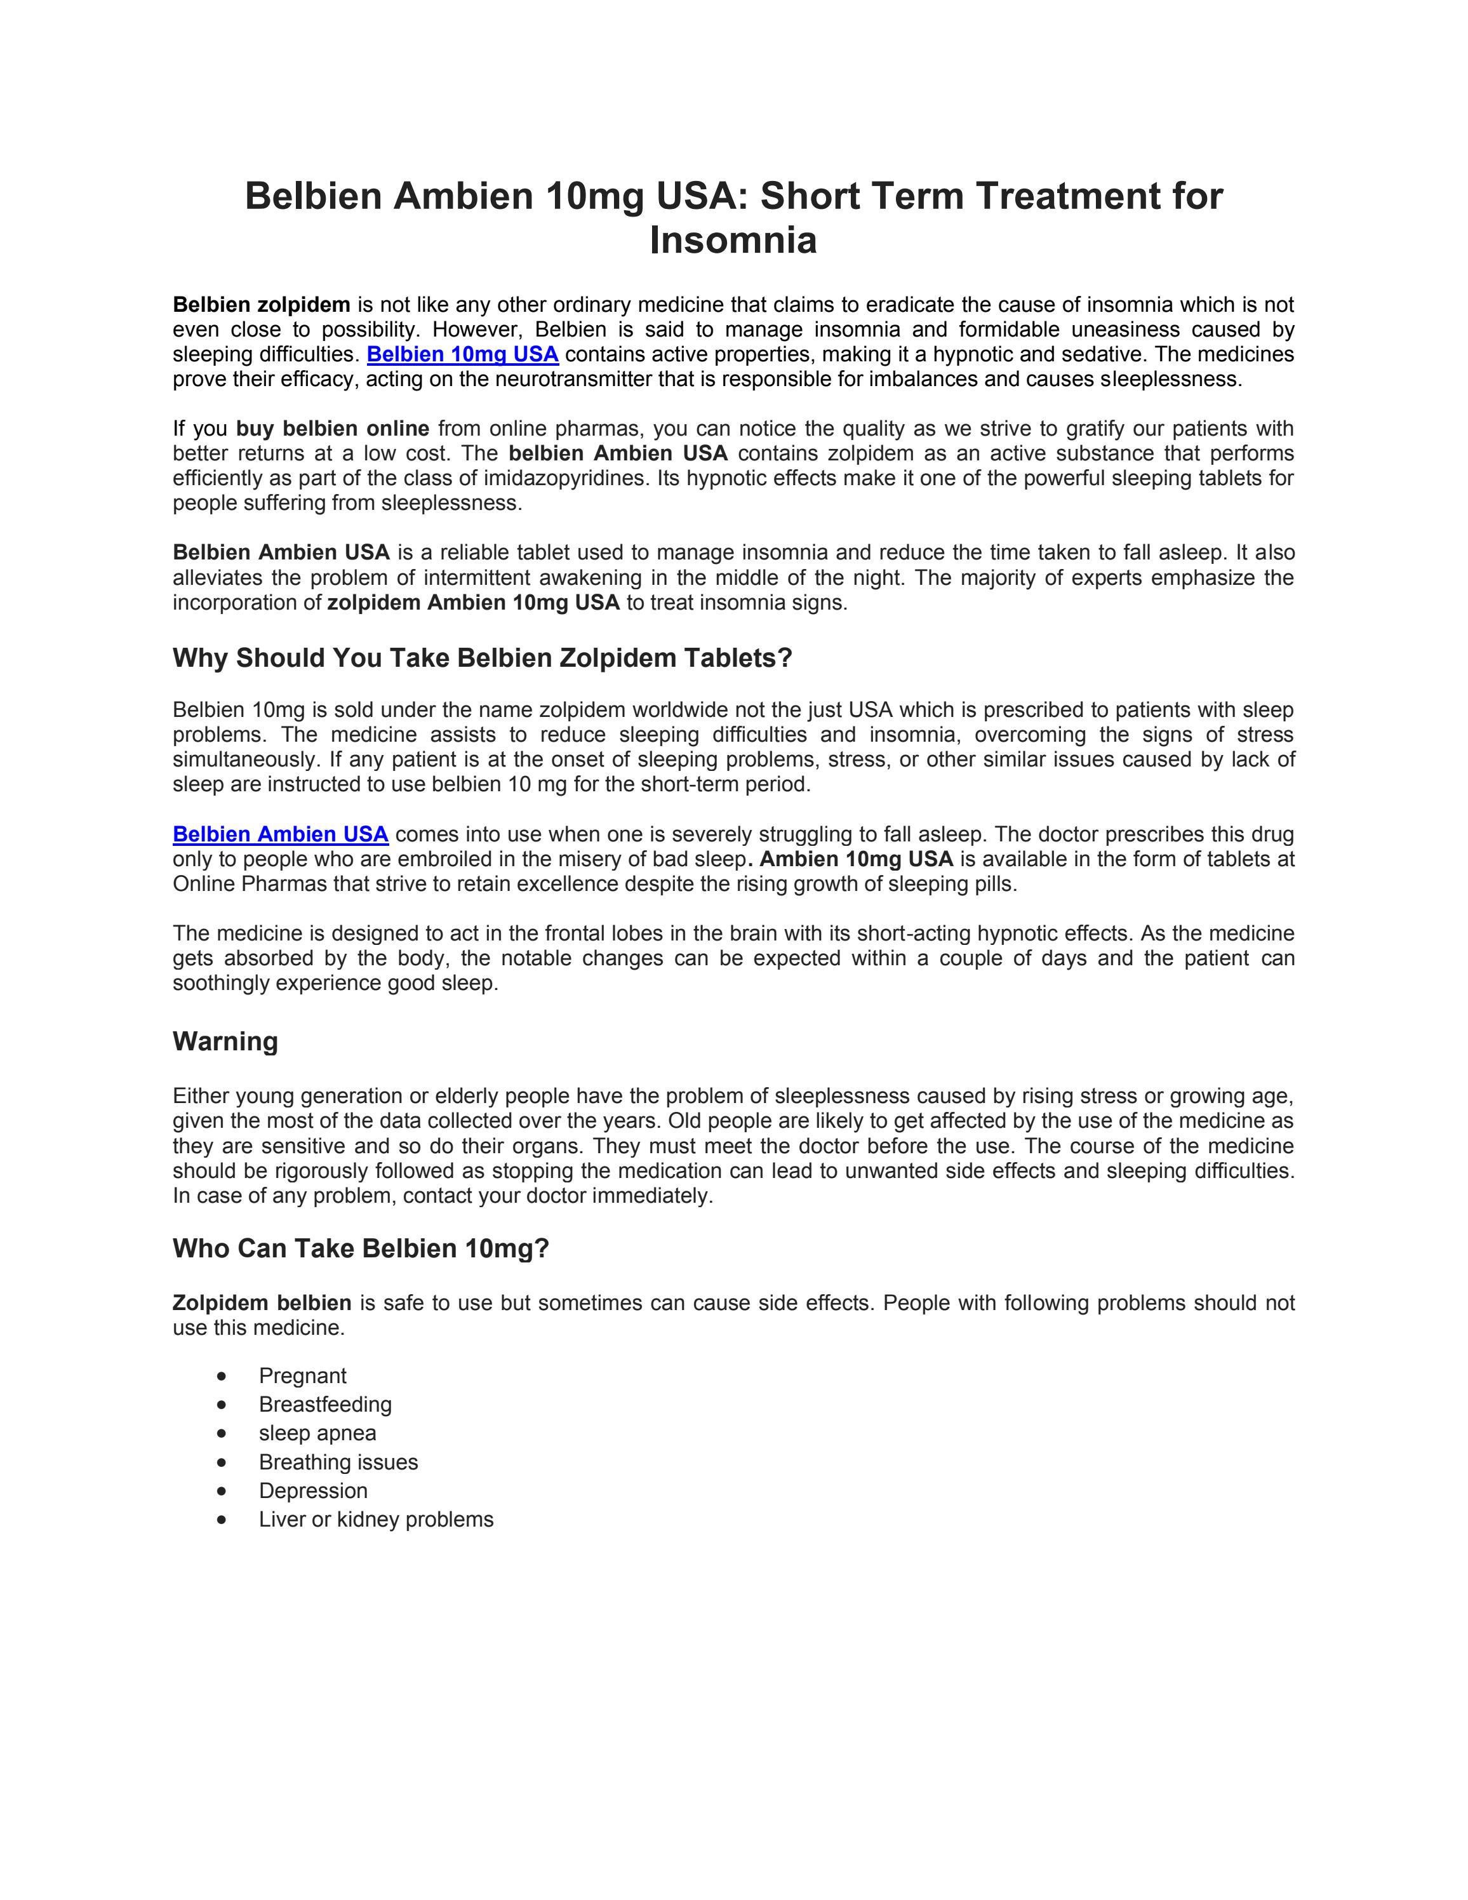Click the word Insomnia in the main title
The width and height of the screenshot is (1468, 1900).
(733, 241)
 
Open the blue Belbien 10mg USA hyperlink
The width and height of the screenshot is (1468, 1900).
(463, 354)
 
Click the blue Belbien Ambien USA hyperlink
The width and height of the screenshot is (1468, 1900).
(280, 834)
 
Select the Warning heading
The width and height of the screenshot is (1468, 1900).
(225, 1041)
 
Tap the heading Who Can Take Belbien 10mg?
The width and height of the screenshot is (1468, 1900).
(361, 1248)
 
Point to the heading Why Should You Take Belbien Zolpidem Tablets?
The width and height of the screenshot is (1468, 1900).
(483, 658)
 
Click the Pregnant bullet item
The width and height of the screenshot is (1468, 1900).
(303, 1375)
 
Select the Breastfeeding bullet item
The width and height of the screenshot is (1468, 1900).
(325, 1404)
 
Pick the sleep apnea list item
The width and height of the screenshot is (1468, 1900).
(317, 1433)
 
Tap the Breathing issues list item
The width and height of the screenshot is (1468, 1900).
(338, 1462)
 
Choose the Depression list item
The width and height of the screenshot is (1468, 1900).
(313, 1490)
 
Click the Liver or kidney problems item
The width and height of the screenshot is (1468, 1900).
(376, 1519)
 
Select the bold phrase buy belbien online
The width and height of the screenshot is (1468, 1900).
(332, 429)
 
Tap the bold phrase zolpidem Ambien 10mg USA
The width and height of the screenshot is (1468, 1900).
(473, 603)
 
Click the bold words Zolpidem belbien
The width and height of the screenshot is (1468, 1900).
(262, 1302)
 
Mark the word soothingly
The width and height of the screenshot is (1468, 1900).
(221, 983)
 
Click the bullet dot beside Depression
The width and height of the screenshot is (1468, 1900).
(223, 1491)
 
